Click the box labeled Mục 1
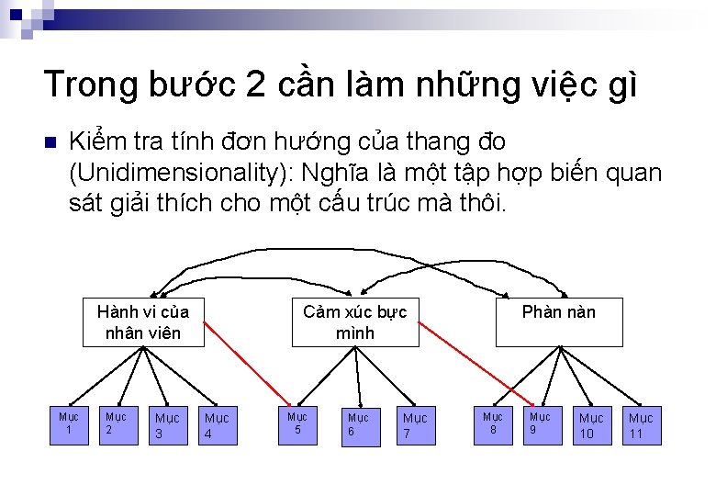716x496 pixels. click(68, 424)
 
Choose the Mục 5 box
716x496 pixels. click(297, 423)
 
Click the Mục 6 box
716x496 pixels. click(357, 426)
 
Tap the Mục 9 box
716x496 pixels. click(540, 423)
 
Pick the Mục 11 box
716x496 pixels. click(641, 426)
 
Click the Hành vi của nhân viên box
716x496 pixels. click(142, 321)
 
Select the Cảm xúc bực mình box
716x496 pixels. click(355, 321)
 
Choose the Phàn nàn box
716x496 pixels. click(558, 321)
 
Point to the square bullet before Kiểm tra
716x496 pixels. click(50, 143)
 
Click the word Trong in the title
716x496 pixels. click(89, 85)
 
